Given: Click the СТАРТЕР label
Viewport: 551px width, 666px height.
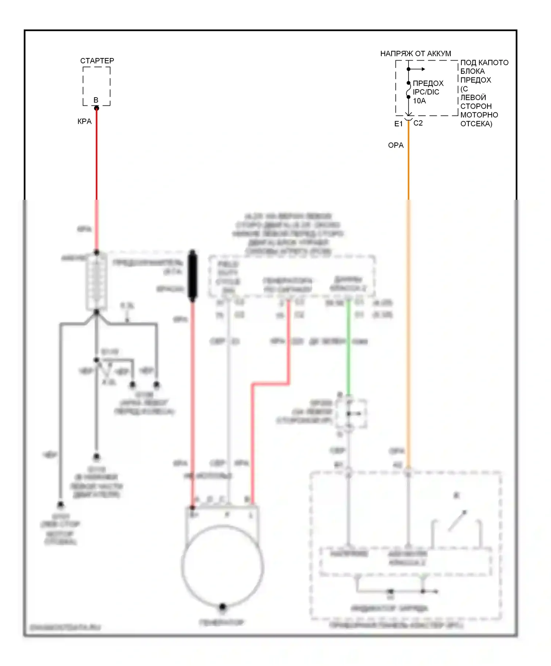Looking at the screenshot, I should click(x=97, y=61).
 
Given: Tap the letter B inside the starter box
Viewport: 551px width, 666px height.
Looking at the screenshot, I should click(x=96, y=100).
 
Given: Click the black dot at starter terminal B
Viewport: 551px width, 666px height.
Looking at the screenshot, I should click(x=97, y=108).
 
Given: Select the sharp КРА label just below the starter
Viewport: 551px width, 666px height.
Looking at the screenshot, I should click(x=84, y=122).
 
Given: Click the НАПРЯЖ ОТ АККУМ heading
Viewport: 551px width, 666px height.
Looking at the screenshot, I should click(x=415, y=54).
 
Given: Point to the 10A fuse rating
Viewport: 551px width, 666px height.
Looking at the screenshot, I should click(x=419, y=101).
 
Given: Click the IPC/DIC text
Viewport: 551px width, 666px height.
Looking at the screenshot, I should click(x=426, y=92).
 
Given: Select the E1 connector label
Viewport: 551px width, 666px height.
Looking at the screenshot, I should click(x=398, y=124).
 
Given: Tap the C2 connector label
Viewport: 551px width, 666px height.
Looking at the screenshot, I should click(x=418, y=123).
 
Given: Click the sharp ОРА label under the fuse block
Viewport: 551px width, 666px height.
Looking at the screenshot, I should click(x=396, y=145).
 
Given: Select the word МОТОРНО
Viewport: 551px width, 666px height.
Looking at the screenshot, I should click(x=479, y=115).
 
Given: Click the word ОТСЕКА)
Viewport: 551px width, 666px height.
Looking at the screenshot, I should click(x=476, y=124).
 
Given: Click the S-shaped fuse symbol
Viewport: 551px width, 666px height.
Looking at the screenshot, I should click(x=408, y=90).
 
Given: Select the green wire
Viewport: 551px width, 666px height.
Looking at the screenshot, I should click(x=348, y=349).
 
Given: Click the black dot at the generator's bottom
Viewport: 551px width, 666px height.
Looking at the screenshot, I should click(x=222, y=607).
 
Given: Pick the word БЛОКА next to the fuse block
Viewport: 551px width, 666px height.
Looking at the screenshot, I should click(x=472, y=71).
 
